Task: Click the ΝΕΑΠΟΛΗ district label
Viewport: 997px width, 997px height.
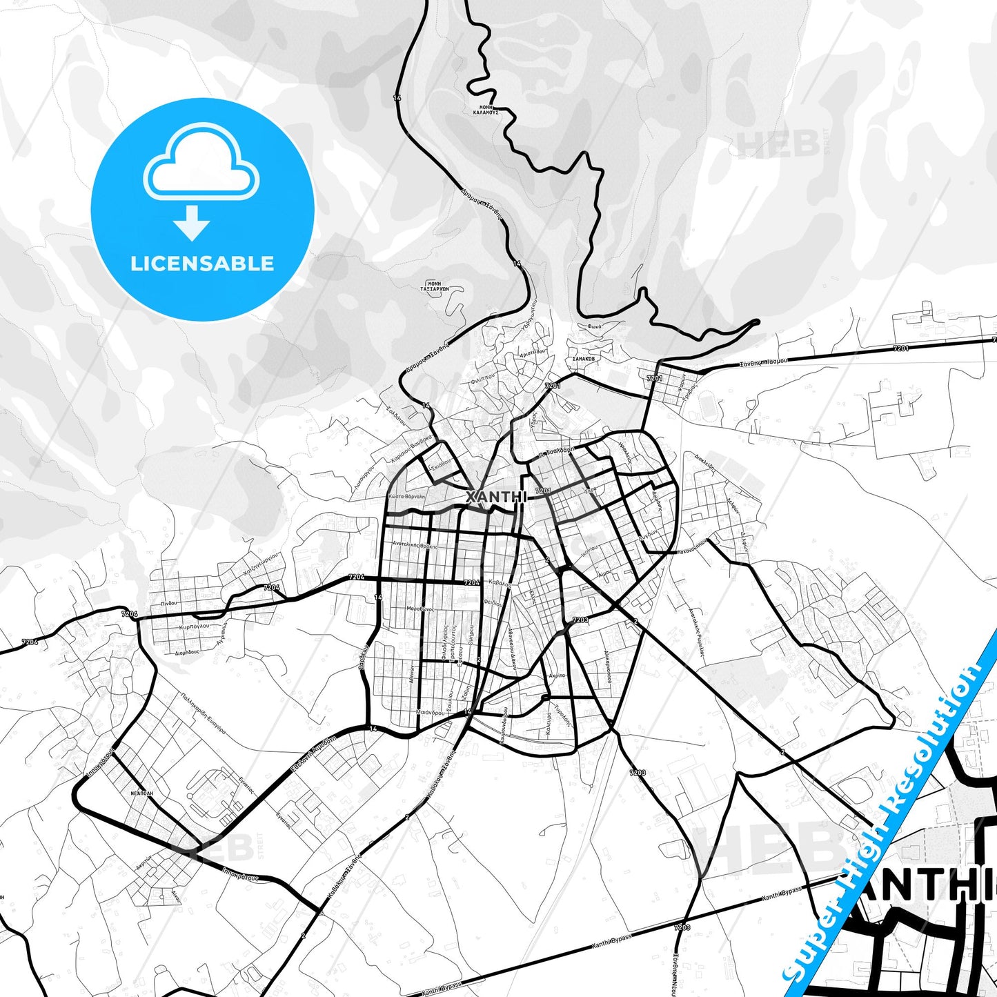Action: pos(141,793)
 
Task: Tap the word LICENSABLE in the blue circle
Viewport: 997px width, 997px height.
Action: pos(202,264)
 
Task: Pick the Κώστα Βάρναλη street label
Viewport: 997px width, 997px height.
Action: pos(406,496)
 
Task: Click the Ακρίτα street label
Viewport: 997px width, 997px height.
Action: pos(557,675)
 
